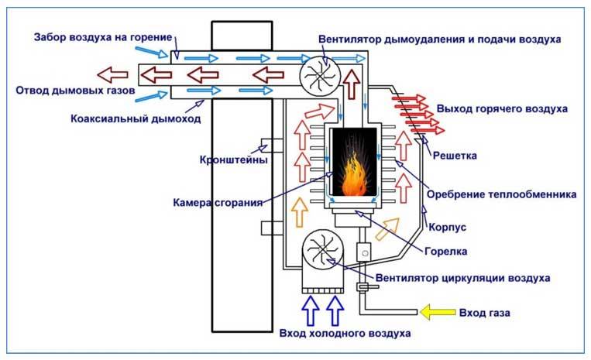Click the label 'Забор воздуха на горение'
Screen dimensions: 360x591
94,38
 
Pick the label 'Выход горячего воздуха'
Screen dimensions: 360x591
502,108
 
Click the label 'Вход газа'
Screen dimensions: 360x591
484,312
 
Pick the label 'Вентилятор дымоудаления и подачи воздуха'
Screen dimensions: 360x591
439,38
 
